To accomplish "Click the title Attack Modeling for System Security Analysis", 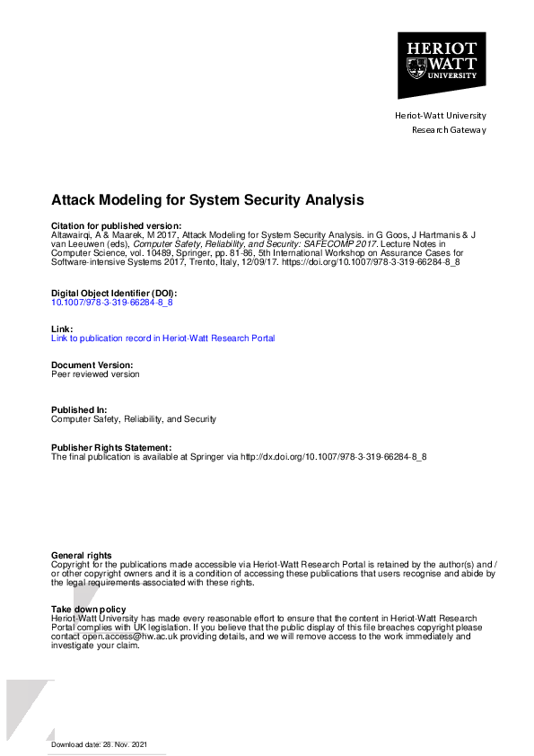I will [207, 199].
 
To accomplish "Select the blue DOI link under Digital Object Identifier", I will [112, 303].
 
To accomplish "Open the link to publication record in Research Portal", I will [163, 338].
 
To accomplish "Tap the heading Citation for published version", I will [117, 224].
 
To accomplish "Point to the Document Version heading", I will [92, 365].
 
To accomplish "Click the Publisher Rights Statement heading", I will [110, 447].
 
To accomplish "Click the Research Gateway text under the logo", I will [449, 130].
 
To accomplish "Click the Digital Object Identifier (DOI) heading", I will [114, 294].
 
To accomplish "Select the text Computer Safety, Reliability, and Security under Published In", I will [134, 419].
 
